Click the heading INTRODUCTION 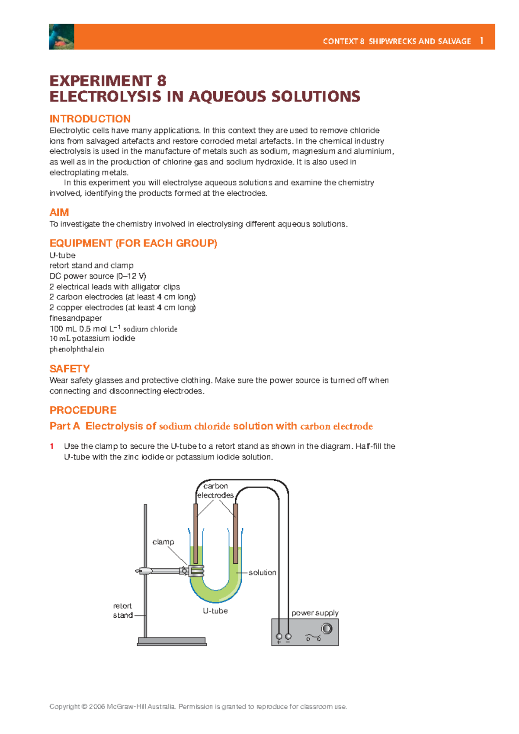coord(90,119)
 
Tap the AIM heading coord(59,212)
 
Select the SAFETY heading coord(70,369)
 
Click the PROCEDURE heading coord(83,410)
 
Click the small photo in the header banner coord(61,37)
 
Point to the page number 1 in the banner coord(481,41)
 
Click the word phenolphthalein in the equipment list coord(77,349)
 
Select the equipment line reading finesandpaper coord(76,318)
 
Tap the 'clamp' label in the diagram coord(163,542)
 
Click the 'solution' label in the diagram coord(262,572)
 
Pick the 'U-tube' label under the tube coord(215,611)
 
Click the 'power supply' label coord(315,613)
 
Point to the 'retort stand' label coord(122,610)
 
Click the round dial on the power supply coord(327,629)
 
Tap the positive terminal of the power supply coord(279,636)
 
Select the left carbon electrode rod coord(196,534)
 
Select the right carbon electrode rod coord(235,534)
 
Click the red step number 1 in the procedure coord(52,446)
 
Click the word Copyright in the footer coord(64,706)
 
